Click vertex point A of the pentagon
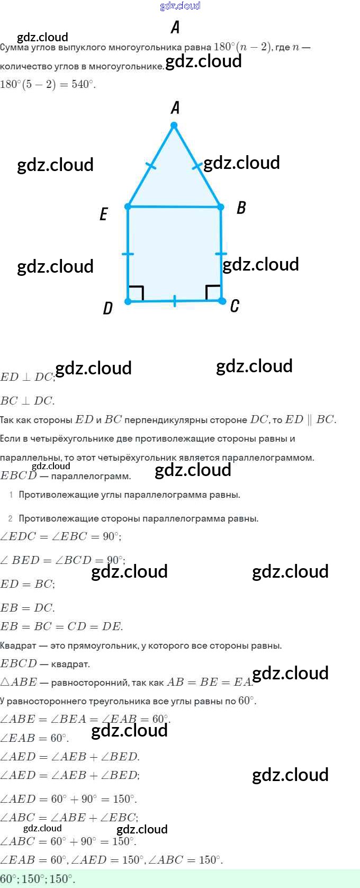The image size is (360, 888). pyautogui.click(x=174, y=125)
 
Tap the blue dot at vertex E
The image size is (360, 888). pyautogui.click(x=128, y=206)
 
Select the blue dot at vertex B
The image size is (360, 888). pyautogui.click(x=221, y=207)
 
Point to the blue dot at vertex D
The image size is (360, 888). pyautogui.click(x=128, y=301)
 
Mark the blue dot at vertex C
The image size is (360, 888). pyautogui.click(x=221, y=301)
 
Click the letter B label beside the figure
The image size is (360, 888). pyautogui.click(x=241, y=208)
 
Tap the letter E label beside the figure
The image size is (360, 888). pyautogui.click(x=104, y=214)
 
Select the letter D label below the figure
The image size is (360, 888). pyautogui.click(x=107, y=308)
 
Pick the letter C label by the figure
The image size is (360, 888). pyautogui.click(x=235, y=306)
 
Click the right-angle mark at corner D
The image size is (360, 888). pyautogui.click(x=137, y=293)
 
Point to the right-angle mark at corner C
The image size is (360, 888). pyautogui.click(x=213, y=292)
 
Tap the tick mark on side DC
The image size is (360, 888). pyautogui.click(x=175, y=301)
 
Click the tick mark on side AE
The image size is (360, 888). pyautogui.click(x=151, y=166)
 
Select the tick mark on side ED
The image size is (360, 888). pyautogui.click(x=128, y=254)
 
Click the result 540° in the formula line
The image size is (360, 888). pyautogui.click(x=83, y=84)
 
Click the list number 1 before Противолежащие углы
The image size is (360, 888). pyautogui.click(x=11, y=495)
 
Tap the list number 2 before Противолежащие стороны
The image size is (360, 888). pyautogui.click(x=11, y=518)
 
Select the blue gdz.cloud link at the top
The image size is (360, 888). pyautogui.click(x=180, y=6)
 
